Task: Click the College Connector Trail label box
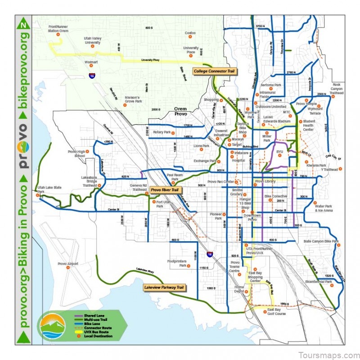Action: click(x=215, y=71)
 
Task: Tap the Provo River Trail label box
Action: click(x=165, y=190)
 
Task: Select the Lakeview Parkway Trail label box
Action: click(x=164, y=287)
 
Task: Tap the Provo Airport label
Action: click(x=68, y=264)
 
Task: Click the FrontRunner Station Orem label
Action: click(x=58, y=30)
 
